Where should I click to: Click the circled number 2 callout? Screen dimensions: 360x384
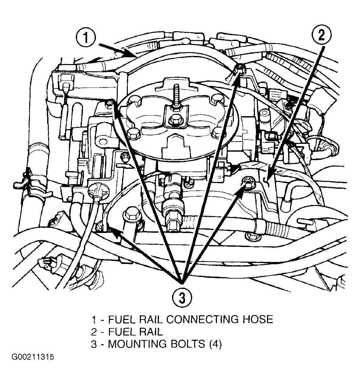point(321,35)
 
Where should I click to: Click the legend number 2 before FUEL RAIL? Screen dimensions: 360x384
point(94,332)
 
